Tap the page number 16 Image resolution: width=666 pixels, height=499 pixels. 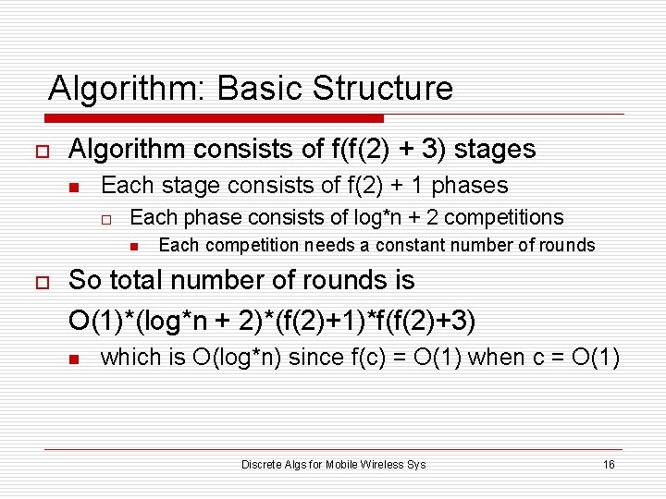[x=609, y=464]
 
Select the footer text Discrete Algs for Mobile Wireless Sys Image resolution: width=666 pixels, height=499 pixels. [x=333, y=464]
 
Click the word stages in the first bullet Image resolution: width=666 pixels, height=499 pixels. [x=496, y=149]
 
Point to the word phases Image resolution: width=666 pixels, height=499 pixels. [x=470, y=186]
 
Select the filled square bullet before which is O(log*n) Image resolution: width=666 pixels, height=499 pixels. [x=76, y=359]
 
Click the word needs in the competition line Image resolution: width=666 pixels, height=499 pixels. [x=339, y=246]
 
